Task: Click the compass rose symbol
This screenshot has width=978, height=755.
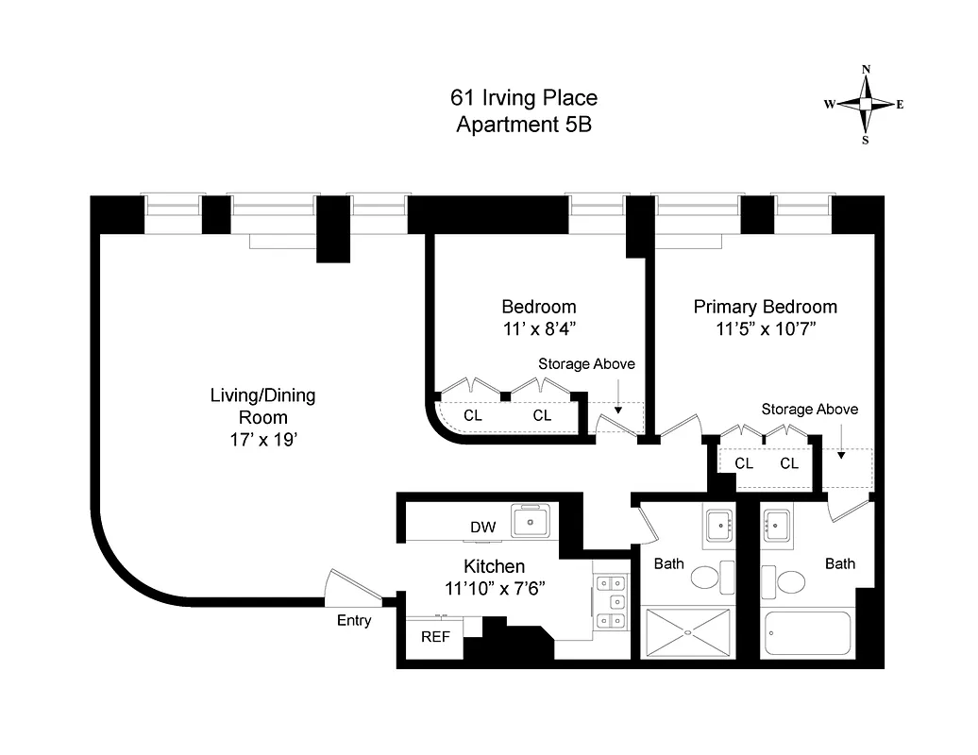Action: (x=866, y=104)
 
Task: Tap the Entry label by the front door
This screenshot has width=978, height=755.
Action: (x=354, y=620)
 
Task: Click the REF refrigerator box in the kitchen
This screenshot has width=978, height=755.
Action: (x=435, y=636)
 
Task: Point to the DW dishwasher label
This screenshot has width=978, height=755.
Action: (x=481, y=527)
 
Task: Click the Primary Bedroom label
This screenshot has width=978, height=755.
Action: (x=765, y=307)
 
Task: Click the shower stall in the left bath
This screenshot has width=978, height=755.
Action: (x=687, y=632)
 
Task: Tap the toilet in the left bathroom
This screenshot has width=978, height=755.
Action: (x=705, y=577)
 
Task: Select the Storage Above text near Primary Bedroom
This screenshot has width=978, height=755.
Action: (x=810, y=409)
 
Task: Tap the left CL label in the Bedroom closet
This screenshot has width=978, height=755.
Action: (x=474, y=415)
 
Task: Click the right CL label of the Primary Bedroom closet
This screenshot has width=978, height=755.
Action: (x=789, y=463)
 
